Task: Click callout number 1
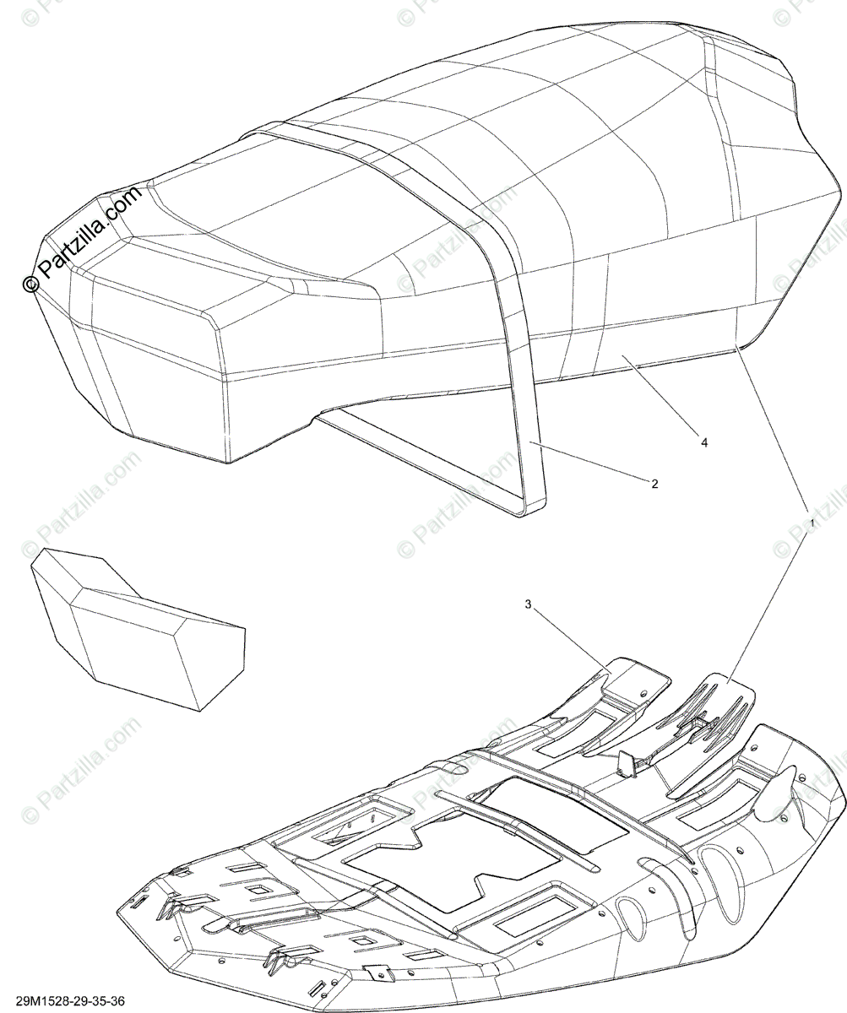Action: click(813, 523)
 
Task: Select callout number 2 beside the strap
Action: click(654, 484)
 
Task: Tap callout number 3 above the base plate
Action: click(529, 604)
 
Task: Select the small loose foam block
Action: click(135, 625)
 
